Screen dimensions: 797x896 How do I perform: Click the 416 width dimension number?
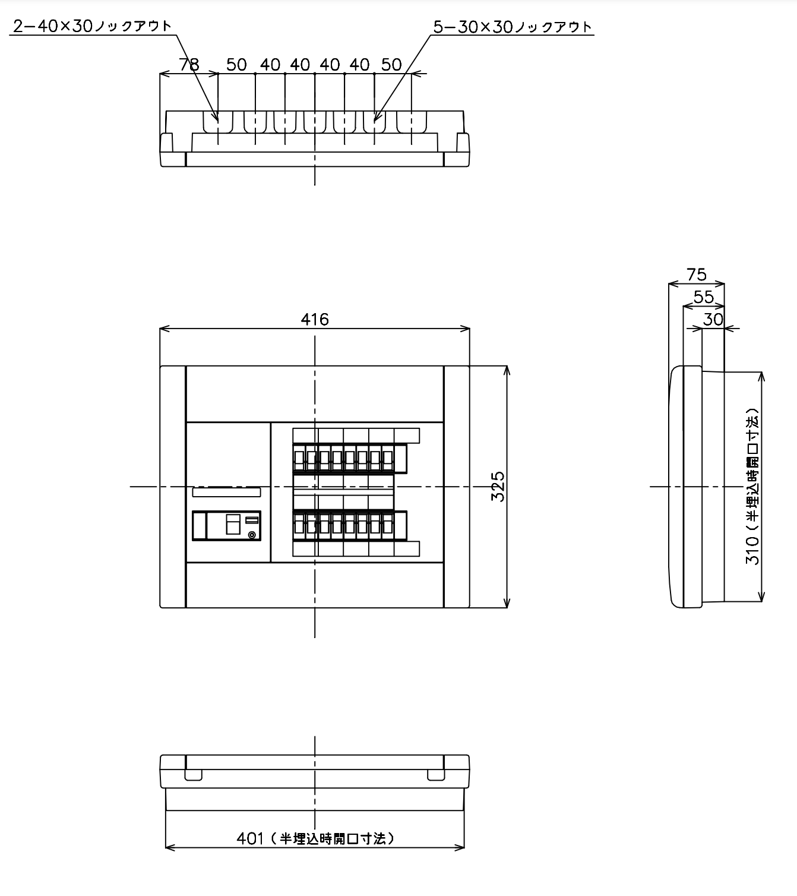click(x=315, y=319)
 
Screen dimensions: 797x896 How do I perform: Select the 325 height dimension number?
click(x=498, y=487)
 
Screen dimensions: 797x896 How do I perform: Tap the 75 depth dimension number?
click(x=697, y=275)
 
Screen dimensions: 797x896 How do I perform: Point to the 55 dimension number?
click(x=703, y=296)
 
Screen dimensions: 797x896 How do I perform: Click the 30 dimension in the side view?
click(x=713, y=319)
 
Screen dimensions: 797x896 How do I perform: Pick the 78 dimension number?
click(x=189, y=65)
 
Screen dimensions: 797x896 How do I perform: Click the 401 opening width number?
click(x=250, y=838)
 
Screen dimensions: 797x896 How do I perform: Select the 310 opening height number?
click(x=753, y=551)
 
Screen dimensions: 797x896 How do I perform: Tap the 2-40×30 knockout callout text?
click(x=93, y=26)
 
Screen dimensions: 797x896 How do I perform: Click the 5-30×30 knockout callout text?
click(x=513, y=27)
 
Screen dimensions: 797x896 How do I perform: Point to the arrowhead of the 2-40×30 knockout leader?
click(x=217, y=121)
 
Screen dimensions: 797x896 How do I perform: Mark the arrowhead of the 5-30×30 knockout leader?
click(x=375, y=121)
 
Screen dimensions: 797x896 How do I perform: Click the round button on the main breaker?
click(x=252, y=535)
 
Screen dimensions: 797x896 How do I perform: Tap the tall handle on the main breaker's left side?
click(x=200, y=525)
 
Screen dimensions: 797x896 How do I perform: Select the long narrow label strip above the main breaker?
click(x=226, y=492)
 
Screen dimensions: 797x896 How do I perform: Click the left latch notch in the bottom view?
click(x=193, y=774)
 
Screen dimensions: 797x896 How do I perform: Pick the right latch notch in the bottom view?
click(x=437, y=774)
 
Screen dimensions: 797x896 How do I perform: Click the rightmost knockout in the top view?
click(x=412, y=122)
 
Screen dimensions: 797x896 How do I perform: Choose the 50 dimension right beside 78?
click(x=236, y=65)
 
